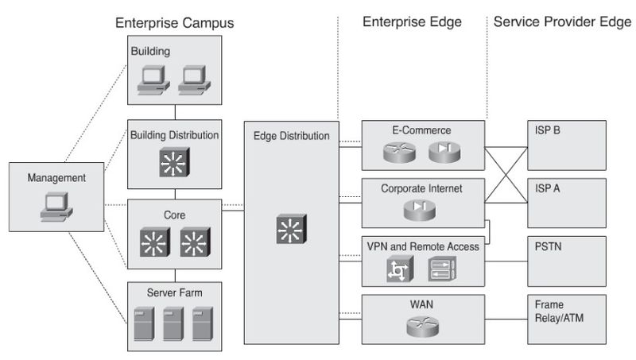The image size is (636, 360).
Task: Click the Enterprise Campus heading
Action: coord(174,23)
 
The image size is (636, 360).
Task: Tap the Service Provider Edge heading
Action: coord(562,21)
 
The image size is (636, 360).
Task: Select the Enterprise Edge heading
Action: coord(412,21)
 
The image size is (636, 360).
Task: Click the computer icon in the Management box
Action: coord(56,207)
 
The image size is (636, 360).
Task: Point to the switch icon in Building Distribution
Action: coord(174,163)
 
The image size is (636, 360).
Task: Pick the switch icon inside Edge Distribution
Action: coord(291,229)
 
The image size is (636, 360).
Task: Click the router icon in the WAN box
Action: coord(423,327)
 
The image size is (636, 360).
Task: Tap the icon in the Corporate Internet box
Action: coord(420,210)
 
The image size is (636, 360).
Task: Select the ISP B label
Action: coord(547,130)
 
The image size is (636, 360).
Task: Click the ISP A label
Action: coord(547,188)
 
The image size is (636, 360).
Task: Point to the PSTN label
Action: coord(548,246)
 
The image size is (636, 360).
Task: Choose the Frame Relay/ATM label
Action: coord(559,311)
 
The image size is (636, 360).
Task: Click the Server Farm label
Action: coord(174,292)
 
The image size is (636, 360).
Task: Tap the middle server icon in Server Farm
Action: coord(173,323)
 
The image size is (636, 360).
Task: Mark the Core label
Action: coord(174,215)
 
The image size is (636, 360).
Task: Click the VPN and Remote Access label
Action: coord(423,246)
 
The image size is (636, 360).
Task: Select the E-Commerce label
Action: coord(421,130)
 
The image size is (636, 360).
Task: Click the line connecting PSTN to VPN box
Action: coord(506,261)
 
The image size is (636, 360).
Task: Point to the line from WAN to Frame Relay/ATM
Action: coord(506,319)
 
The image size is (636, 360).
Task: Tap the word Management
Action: coord(56,177)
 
